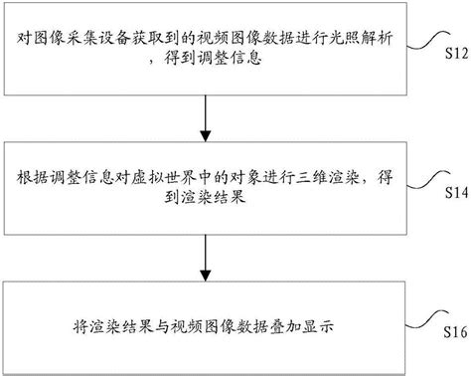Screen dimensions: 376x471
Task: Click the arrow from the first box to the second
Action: coord(204,118)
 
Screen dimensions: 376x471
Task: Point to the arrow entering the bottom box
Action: coord(204,261)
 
